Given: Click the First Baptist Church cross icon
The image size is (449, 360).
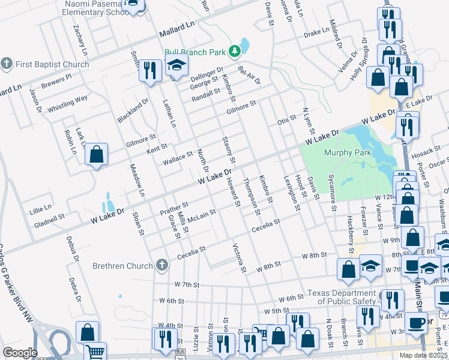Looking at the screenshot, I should [x=7, y=64].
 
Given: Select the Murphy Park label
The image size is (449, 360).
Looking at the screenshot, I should [x=348, y=152].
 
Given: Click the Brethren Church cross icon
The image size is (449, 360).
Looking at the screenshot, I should [x=161, y=265].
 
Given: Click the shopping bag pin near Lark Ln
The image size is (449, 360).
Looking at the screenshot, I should [x=97, y=155].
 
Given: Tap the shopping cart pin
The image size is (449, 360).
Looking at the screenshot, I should [x=95, y=352].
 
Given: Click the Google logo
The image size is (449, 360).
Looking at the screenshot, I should [x=20, y=353].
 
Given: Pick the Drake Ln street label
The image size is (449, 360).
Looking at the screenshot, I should [x=316, y=35].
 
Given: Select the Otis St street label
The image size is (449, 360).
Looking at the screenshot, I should [x=287, y=120].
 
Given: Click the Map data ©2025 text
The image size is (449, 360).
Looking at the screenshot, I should [x=423, y=355].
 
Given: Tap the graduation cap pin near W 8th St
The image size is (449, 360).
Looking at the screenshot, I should [x=370, y=267].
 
